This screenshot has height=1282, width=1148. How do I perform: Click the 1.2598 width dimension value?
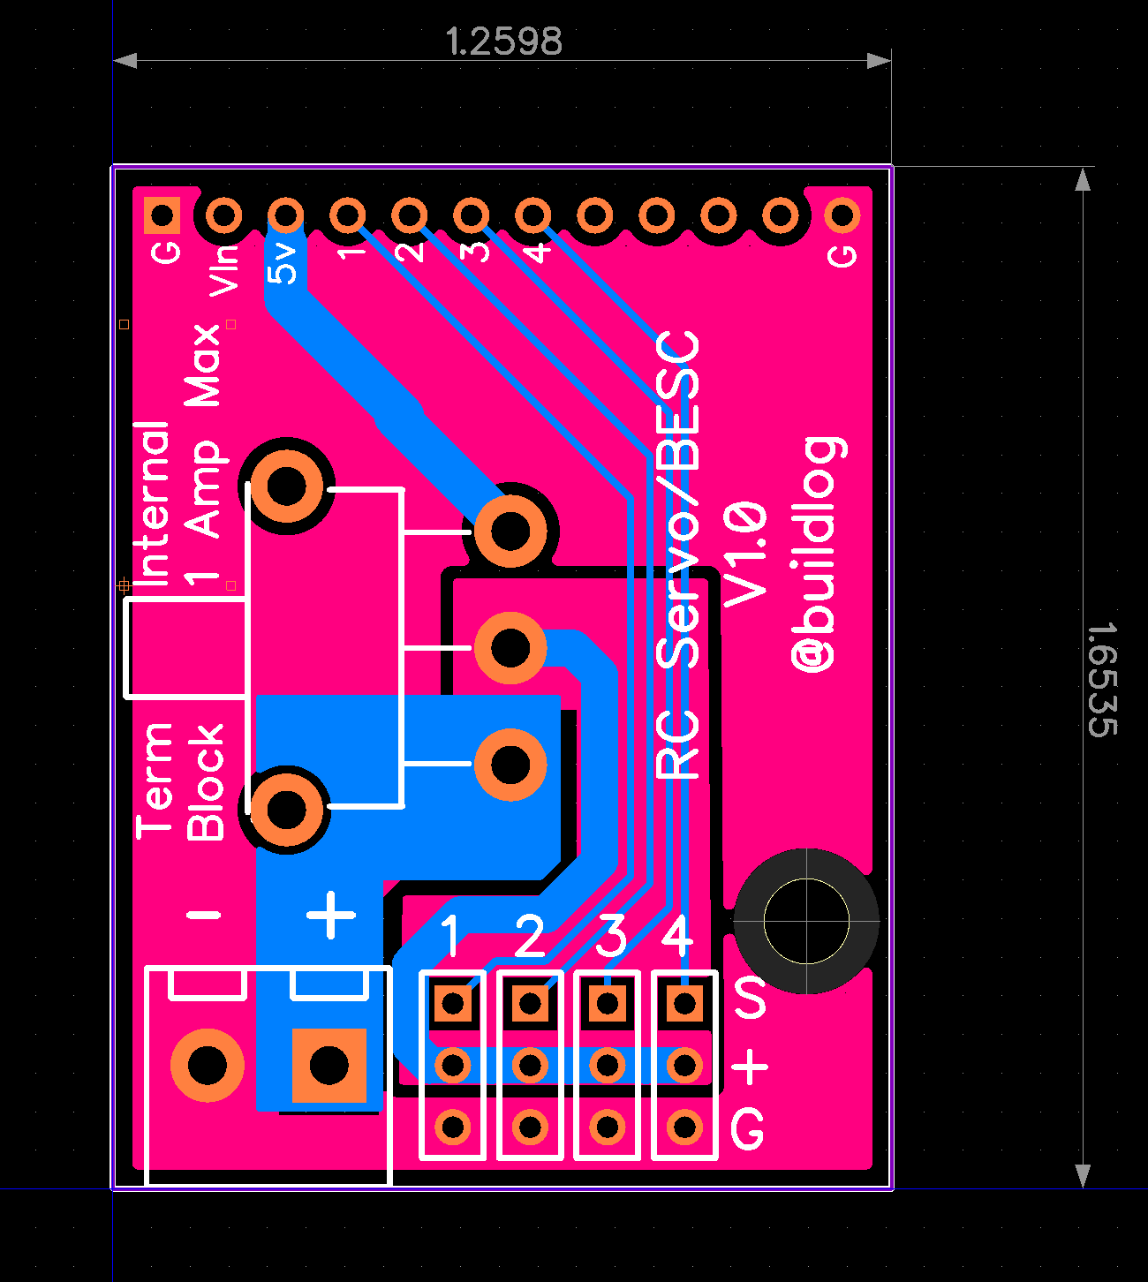click(x=503, y=41)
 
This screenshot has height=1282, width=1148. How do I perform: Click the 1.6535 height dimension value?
click(x=1102, y=679)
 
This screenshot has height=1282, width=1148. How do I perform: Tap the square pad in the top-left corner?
click(x=162, y=215)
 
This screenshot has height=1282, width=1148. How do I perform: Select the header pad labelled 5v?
click(x=285, y=215)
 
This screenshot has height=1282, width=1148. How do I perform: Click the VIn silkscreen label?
click(x=226, y=269)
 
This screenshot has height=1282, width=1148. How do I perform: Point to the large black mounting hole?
click(x=805, y=921)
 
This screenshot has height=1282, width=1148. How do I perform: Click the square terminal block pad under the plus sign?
click(x=329, y=1066)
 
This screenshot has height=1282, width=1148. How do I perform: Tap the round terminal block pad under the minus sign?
click(x=208, y=1066)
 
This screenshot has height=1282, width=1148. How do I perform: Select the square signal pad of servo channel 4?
click(x=684, y=1003)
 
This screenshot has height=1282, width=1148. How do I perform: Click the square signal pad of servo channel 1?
click(x=452, y=1003)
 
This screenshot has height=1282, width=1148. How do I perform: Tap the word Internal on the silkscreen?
click(x=152, y=503)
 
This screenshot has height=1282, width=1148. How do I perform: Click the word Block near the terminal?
click(x=207, y=782)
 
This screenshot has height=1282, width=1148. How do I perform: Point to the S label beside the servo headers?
click(x=750, y=998)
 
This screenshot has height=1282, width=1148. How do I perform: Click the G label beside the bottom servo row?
click(x=747, y=1129)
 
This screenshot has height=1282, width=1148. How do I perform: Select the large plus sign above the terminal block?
click(x=331, y=915)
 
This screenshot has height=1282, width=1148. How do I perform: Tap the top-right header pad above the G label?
click(x=841, y=215)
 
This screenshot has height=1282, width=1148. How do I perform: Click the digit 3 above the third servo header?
click(x=611, y=937)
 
